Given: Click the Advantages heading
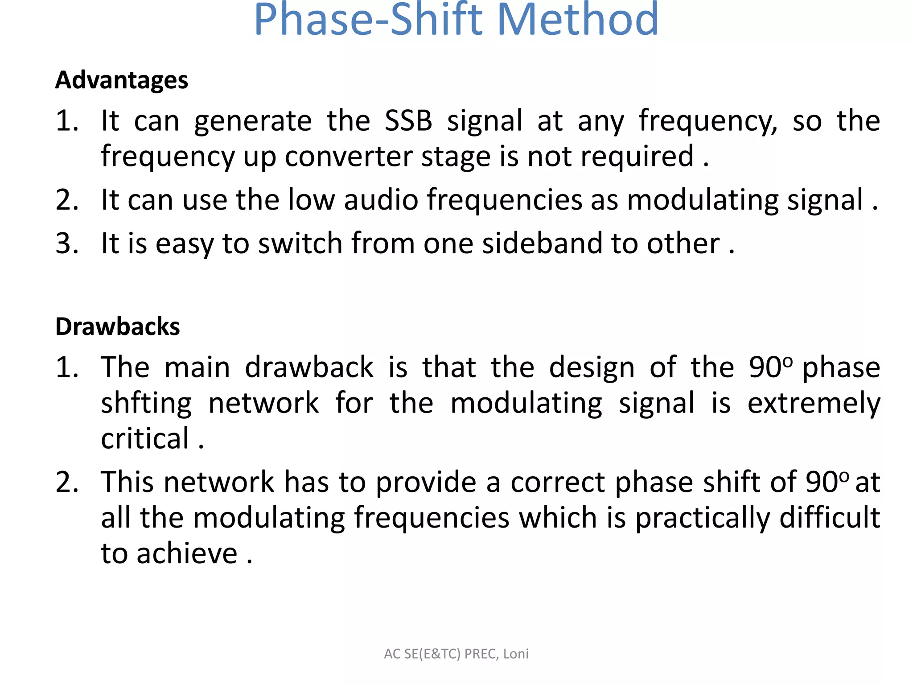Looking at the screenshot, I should (122, 81).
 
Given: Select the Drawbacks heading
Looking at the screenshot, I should (118, 327).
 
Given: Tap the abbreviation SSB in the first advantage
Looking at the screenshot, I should (408, 121).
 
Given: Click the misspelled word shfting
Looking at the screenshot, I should (146, 404).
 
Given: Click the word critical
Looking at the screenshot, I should (145, 439).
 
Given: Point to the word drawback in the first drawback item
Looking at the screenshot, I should (309, 368).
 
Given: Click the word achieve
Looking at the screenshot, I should (187, 554).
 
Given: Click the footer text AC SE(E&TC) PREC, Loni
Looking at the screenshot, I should (456, 654).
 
